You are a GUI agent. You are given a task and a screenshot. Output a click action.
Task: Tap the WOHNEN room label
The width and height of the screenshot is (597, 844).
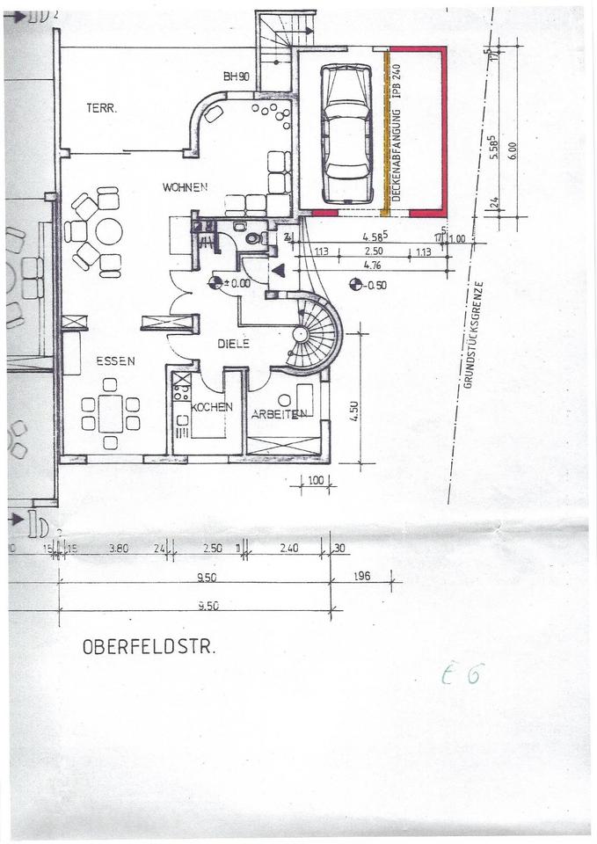[x=185, y=187]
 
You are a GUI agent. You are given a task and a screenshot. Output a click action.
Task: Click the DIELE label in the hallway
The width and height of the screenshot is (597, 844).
[x=233, y=344]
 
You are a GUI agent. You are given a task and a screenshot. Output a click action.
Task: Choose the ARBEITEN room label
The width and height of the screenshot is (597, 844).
[x=279, y=414]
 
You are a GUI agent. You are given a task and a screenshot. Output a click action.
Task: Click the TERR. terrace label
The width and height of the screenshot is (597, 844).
[x=102, y=108]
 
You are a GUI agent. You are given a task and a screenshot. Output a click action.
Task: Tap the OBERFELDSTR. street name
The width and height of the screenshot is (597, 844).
[x=149, y=647]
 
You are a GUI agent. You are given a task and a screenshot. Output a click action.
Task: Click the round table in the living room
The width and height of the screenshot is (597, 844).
[x=109, y=232]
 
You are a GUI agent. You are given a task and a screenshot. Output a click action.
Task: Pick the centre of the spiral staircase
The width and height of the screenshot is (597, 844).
[x=301, y=334]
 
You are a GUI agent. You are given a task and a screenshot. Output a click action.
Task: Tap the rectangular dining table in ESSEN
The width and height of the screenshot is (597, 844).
[x=110, y=412]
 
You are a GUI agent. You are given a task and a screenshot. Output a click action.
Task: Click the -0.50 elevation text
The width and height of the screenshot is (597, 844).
[x=375, y=285]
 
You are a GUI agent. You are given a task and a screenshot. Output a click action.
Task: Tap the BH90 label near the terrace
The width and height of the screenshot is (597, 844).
[x=237, y=77]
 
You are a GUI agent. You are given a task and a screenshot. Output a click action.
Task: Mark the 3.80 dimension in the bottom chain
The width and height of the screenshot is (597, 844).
[x=119, y=548]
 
